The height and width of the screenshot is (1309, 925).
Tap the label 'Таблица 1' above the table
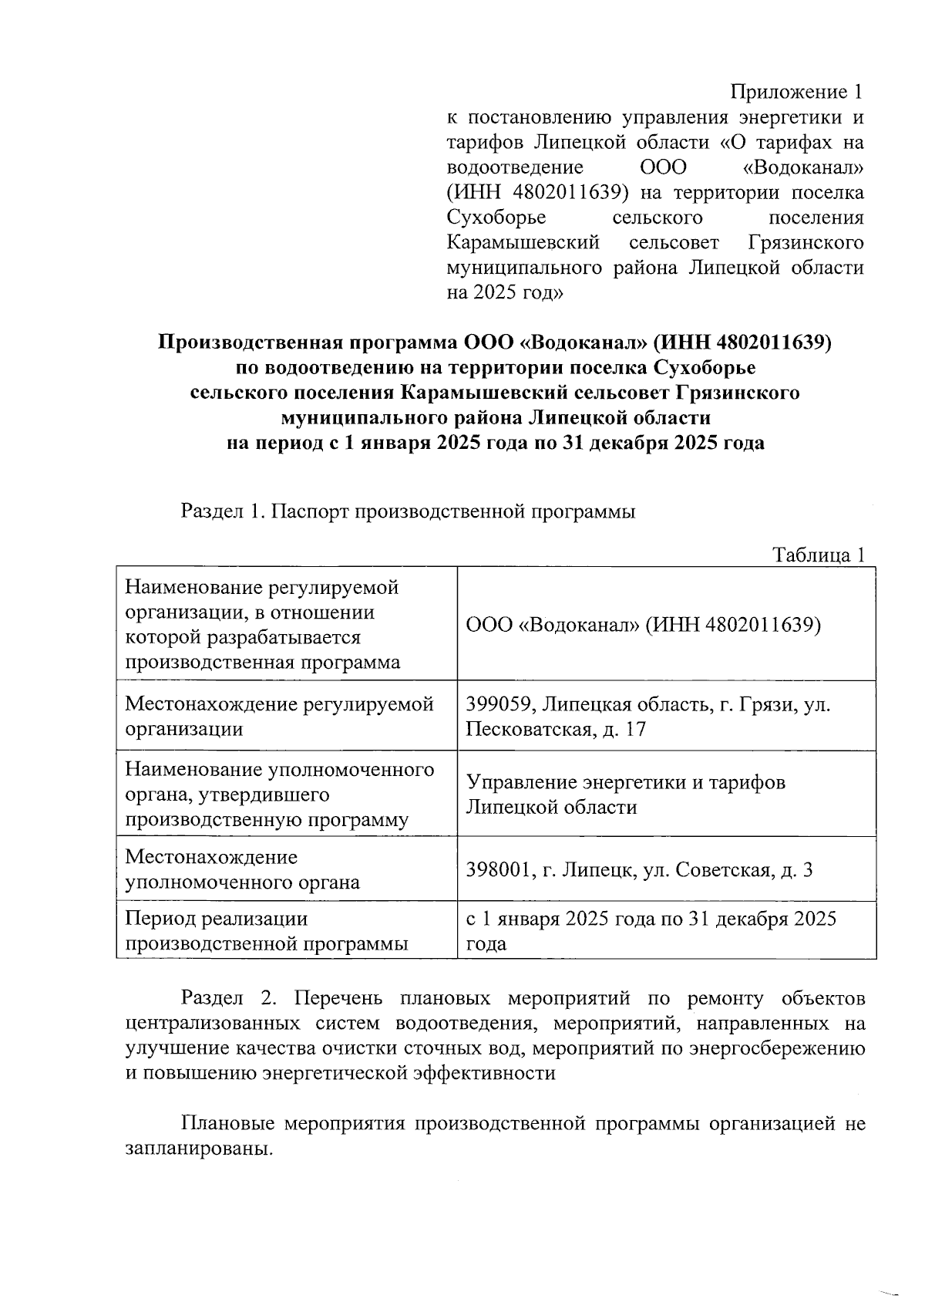pos(819,555)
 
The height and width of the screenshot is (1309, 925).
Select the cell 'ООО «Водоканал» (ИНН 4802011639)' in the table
pos(643,624)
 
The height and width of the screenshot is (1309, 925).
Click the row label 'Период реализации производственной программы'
pos(267,931)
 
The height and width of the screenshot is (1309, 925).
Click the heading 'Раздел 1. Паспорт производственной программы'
pos(408,511)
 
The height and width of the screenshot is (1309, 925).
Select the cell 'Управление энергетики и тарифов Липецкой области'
pos(626,795)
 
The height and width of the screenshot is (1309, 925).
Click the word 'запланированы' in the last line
pos(197,1148)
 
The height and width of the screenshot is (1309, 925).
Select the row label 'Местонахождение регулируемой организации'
pos(279,717)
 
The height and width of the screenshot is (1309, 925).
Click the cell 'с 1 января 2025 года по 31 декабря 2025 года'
pos(651,931)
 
